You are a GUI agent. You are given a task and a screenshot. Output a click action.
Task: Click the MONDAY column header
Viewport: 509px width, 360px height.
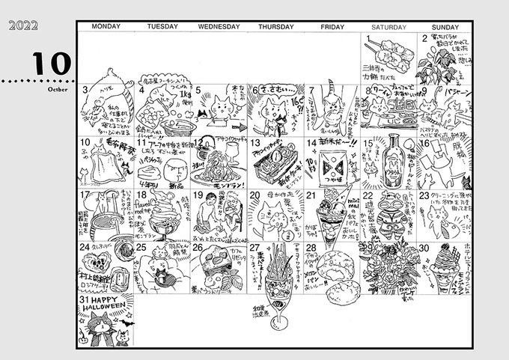[106, 27]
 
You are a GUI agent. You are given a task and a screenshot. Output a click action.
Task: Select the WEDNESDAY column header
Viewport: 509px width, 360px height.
[219, 27]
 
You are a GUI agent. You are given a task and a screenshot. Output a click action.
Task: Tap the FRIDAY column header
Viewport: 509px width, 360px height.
[332, 27]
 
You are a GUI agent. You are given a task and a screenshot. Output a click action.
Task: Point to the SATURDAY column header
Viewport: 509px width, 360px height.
[390, 27]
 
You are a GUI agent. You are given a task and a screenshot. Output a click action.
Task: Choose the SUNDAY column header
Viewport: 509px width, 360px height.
[445, 27]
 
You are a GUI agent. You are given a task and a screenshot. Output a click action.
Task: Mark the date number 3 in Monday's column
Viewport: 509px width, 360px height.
[85, 91]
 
